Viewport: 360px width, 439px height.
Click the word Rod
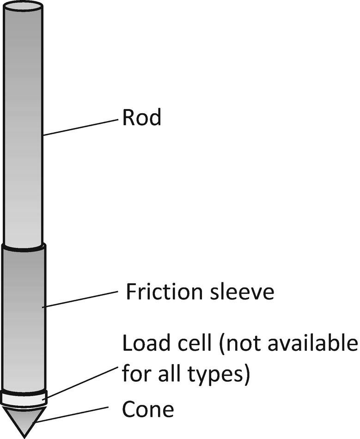tap(141, 118)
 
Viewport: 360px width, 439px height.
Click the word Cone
tap(148, 409)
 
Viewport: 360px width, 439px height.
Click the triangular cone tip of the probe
tap(24, 418)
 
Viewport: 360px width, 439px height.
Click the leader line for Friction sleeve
tap(81, 299)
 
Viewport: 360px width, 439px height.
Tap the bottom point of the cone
tap(24, 436)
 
